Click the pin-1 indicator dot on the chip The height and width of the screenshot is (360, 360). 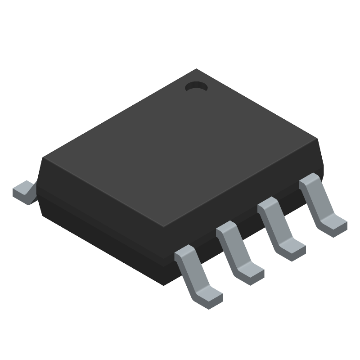[x=196, y=86]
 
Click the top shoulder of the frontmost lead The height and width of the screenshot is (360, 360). [x=184, y=253]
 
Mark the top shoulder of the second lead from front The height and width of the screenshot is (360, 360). [x=226, y=229]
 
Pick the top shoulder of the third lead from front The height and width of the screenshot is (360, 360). [x=267, y=206]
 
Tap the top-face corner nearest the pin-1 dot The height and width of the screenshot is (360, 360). [x=196, y=70]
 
